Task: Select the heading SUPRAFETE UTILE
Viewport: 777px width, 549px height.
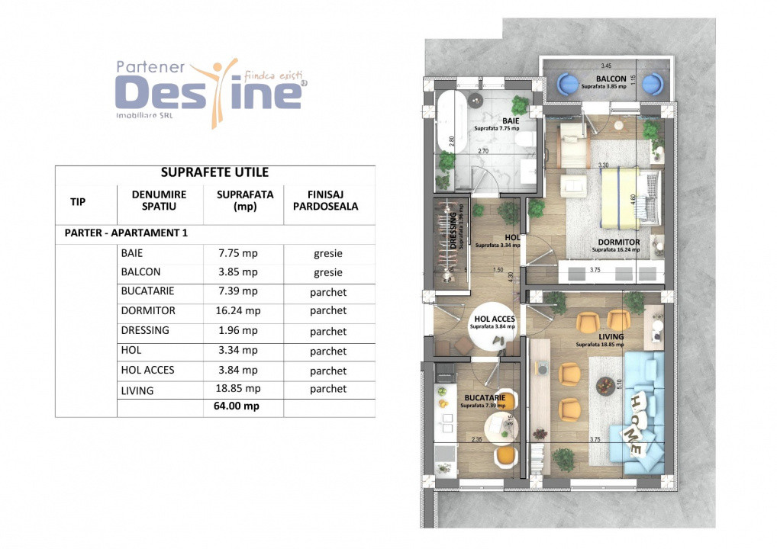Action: click(214, 173)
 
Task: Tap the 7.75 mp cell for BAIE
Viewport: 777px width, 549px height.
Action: click(237, 253)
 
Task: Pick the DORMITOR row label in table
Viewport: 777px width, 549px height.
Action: click(147, 311)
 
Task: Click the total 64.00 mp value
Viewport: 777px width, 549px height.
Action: click(237, 406)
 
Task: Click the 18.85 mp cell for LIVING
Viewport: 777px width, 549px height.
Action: click(237, 390)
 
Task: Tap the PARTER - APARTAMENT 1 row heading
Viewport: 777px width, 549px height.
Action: click(126, 233)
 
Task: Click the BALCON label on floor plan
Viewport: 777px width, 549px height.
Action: click(611, 79)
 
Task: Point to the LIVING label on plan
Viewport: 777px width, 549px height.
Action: click(611, 336)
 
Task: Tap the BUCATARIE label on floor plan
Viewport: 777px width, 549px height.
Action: click(482, 397)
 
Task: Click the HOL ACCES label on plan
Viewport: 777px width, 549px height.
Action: click(494, 319)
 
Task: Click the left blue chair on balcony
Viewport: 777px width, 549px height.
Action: click(570, 82)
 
